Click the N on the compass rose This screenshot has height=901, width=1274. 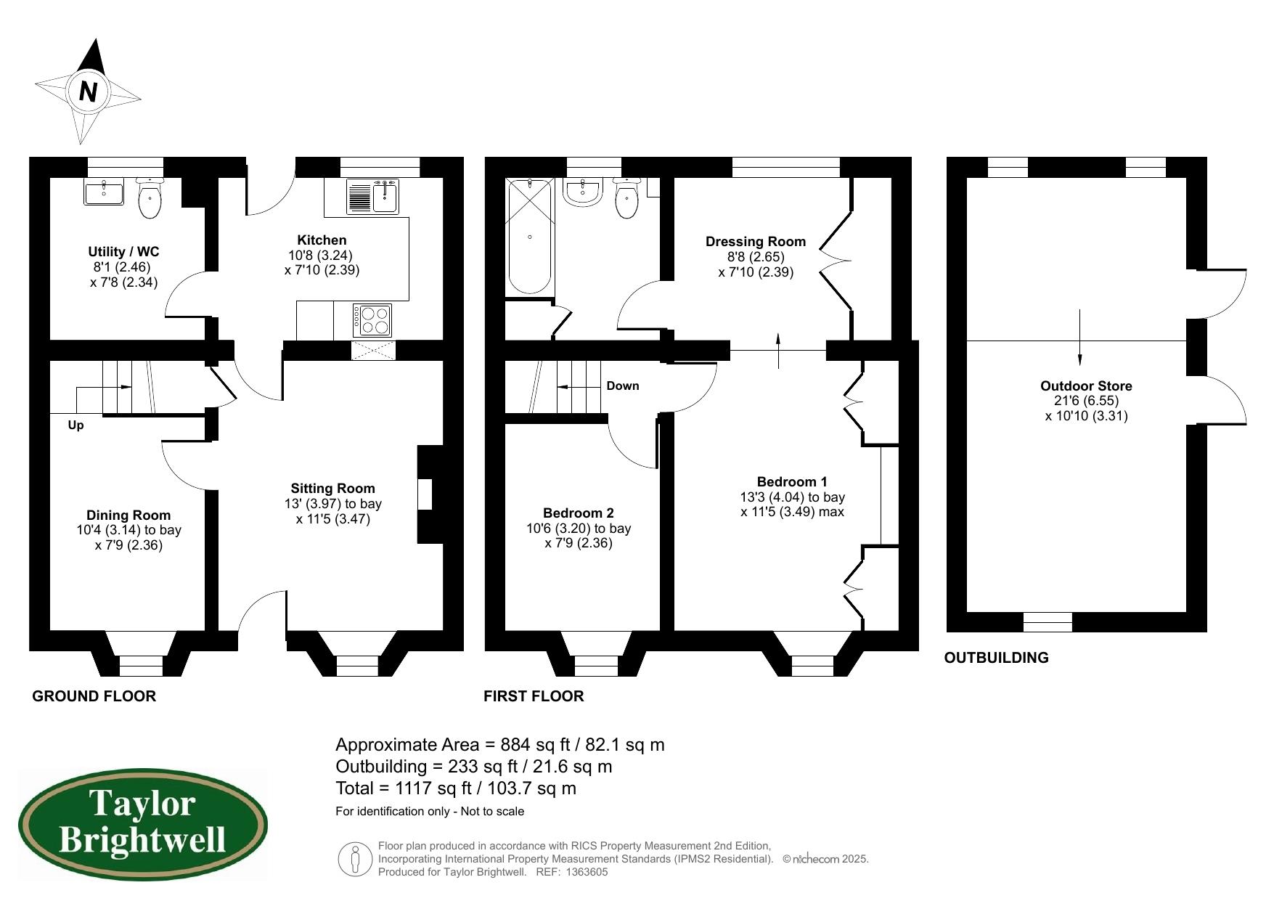88,91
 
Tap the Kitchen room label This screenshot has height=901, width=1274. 322,240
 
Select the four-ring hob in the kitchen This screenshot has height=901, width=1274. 372,320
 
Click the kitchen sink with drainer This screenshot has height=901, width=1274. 372,196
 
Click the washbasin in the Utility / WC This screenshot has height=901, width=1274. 104,192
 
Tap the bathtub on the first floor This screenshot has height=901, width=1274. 530,237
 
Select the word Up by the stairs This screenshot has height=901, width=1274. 75,425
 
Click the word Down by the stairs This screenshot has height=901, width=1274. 623,386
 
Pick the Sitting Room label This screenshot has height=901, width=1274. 333,489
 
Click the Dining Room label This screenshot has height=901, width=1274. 128,515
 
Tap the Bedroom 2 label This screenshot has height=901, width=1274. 579,513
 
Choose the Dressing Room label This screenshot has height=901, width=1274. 756,242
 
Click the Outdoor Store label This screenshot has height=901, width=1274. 1086,386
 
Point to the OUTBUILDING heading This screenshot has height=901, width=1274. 996,658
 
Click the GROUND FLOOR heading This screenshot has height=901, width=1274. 94,696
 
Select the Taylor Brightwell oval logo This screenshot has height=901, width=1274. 143,825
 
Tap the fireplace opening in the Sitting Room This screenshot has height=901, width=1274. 425,494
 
